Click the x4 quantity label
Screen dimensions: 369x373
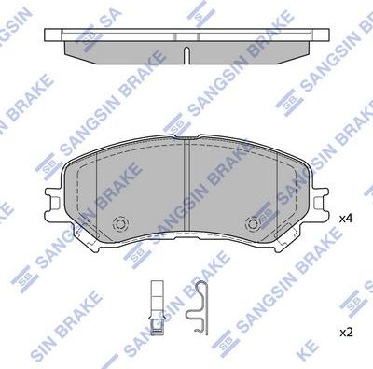346,218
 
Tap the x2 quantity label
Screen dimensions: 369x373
345,332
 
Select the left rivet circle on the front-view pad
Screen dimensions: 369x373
118,224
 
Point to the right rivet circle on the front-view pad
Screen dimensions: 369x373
253,224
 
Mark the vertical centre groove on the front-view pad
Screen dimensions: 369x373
186,187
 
